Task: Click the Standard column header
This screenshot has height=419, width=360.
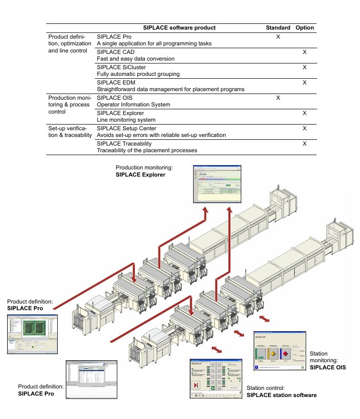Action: tap(278, 28)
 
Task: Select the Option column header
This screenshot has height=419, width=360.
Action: tap(304, 28)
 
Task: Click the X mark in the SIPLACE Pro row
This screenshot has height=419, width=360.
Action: tap(278, 37)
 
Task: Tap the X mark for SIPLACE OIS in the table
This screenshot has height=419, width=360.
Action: tap(278, 98)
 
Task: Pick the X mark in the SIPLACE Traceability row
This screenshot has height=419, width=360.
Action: tap(305, 144)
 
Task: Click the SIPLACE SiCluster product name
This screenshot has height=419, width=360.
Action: tap(121, 67)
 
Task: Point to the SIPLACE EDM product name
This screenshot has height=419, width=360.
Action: tap(117, 83)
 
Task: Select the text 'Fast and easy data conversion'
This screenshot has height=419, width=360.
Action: tap(135, 59)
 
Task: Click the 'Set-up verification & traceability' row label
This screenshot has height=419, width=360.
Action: tap(70, 132)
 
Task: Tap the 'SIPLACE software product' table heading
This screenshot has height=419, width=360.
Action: tap(179, 28)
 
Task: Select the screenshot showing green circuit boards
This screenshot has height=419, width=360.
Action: tap(32, 334)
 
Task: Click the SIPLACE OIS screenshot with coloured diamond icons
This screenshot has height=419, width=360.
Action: tap(279, 353)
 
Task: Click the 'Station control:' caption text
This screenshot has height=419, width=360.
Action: tap(265, 388)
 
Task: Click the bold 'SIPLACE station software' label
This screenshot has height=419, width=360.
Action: tap(281, 395)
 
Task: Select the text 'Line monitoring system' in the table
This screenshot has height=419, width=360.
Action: tap(126, 120)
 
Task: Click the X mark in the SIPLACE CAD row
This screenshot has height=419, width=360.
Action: tap(305, 52)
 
